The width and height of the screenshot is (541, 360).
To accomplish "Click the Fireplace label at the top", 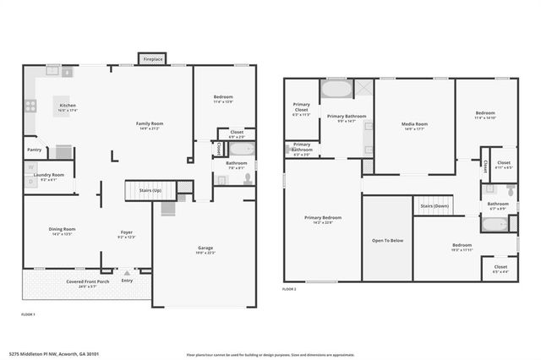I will [153, 60].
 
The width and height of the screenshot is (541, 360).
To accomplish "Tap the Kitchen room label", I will [68, 106].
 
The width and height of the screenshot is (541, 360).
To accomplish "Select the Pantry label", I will [34, 150].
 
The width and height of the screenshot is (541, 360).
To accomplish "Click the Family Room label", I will [150, 124].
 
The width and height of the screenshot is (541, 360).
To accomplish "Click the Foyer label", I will [126, 233].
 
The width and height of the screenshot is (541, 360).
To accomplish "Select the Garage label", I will [205, 248].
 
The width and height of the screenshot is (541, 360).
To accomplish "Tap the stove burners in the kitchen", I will [30, 106].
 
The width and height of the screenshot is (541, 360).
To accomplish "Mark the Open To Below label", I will [387, 240].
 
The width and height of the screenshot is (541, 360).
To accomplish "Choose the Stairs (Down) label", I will [434, 205].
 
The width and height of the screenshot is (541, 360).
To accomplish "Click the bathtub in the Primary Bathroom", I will [336, 89].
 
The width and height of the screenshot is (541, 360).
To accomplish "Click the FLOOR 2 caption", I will [290, 289].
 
